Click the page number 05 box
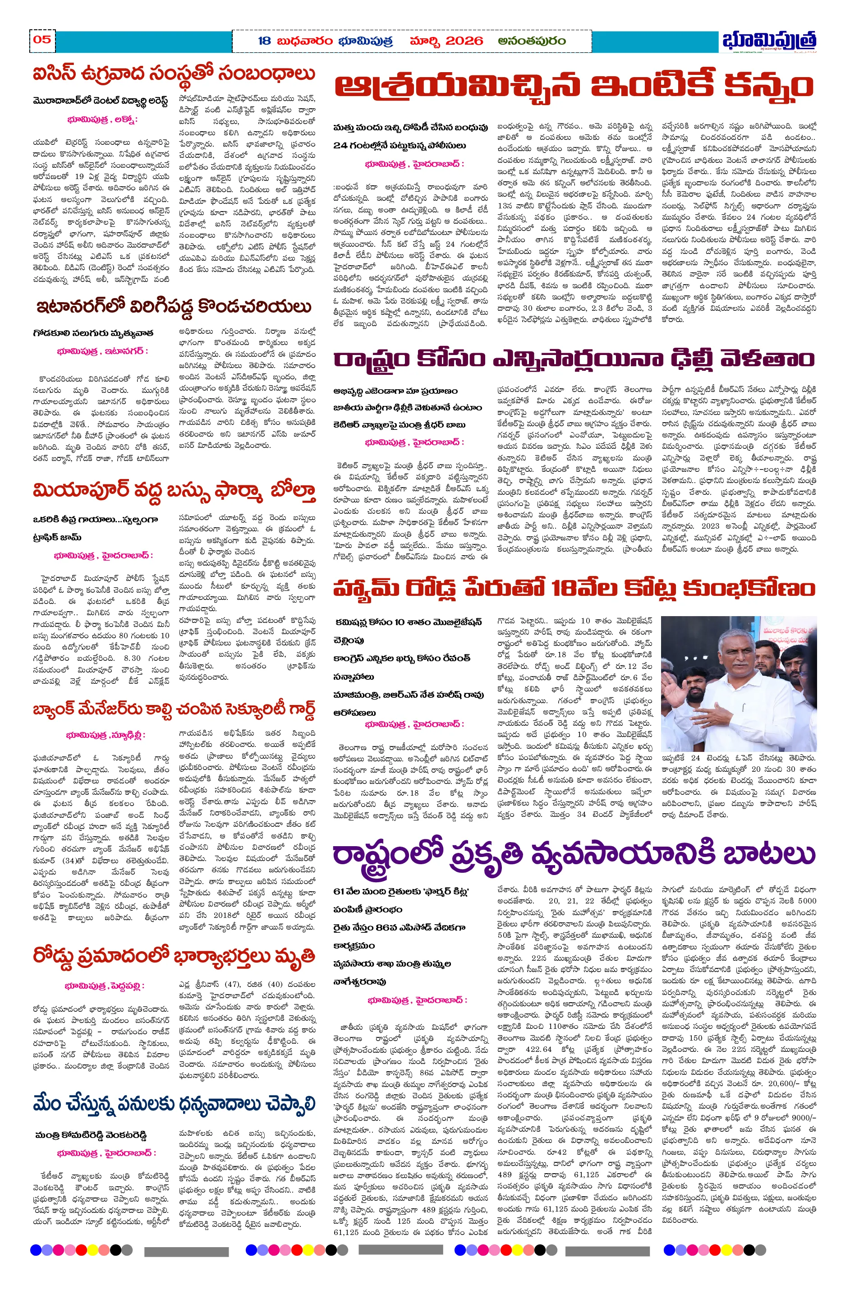[42, 40]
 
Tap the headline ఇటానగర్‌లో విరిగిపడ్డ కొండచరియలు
[174, 307]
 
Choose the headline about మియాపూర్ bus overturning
[174, 491]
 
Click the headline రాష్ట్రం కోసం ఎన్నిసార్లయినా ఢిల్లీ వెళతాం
[574, 359]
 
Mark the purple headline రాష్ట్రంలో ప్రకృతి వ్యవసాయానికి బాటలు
[574, 856]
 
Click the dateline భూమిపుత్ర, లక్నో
[102, 119]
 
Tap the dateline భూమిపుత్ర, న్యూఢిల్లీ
[106, 735]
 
